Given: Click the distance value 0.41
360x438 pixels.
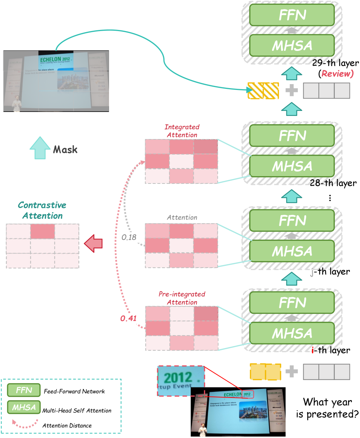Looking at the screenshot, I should click(x=129, y=318).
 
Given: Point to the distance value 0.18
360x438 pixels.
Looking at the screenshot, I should click(x=129, y=237).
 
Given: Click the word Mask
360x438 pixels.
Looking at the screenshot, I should click(x=65, y=149).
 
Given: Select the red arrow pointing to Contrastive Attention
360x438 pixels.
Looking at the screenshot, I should click(x=93, y=244).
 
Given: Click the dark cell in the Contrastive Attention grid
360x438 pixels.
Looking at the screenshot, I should click(x=43, y=231).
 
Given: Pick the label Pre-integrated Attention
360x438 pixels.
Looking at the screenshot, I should click(x=182, y=298).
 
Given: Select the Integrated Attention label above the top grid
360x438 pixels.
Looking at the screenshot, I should click(x=182, y=131).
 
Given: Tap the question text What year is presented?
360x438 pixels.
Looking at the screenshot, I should click(x=327, y=408).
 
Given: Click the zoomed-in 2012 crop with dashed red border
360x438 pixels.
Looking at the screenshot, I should click(x=181, y=381).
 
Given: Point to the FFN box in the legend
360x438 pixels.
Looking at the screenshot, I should click(x=23, y=390).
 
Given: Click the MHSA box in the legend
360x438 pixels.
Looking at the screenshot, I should click(x=23, y=408).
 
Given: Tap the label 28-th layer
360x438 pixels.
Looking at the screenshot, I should click(x=333, y=183).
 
